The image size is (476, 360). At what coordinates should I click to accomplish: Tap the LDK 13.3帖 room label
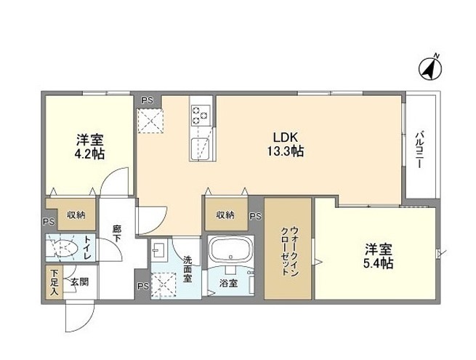285,144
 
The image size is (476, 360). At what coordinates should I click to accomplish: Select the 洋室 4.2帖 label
89,147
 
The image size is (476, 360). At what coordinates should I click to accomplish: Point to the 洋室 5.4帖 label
378,256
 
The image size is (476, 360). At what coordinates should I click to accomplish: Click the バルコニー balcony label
420,149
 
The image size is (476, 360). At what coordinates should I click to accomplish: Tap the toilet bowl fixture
62,247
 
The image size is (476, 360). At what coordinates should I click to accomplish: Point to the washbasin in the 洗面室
158,249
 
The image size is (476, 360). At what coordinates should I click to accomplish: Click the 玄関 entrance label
80,282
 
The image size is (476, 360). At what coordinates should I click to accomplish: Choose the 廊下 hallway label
117,233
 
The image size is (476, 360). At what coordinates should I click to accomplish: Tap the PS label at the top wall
148,100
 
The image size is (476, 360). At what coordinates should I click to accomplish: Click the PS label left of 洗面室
142,286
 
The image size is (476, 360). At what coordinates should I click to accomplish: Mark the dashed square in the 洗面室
164,285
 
